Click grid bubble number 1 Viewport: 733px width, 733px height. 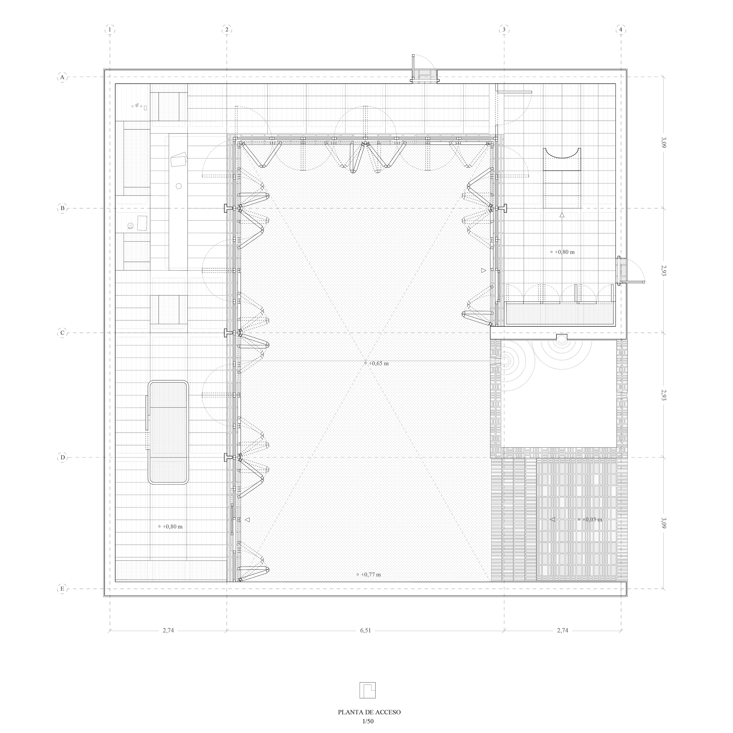(110, 29)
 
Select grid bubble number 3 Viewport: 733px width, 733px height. (504, 29)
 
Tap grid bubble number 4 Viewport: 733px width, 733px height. (621, 29)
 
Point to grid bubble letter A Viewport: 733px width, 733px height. (62, 77)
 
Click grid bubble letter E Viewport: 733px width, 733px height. (62, 589)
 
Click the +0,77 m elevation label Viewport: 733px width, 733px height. (369, 574)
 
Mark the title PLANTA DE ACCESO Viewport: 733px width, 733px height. (369, 712)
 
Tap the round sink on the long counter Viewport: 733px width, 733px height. (179, 186)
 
